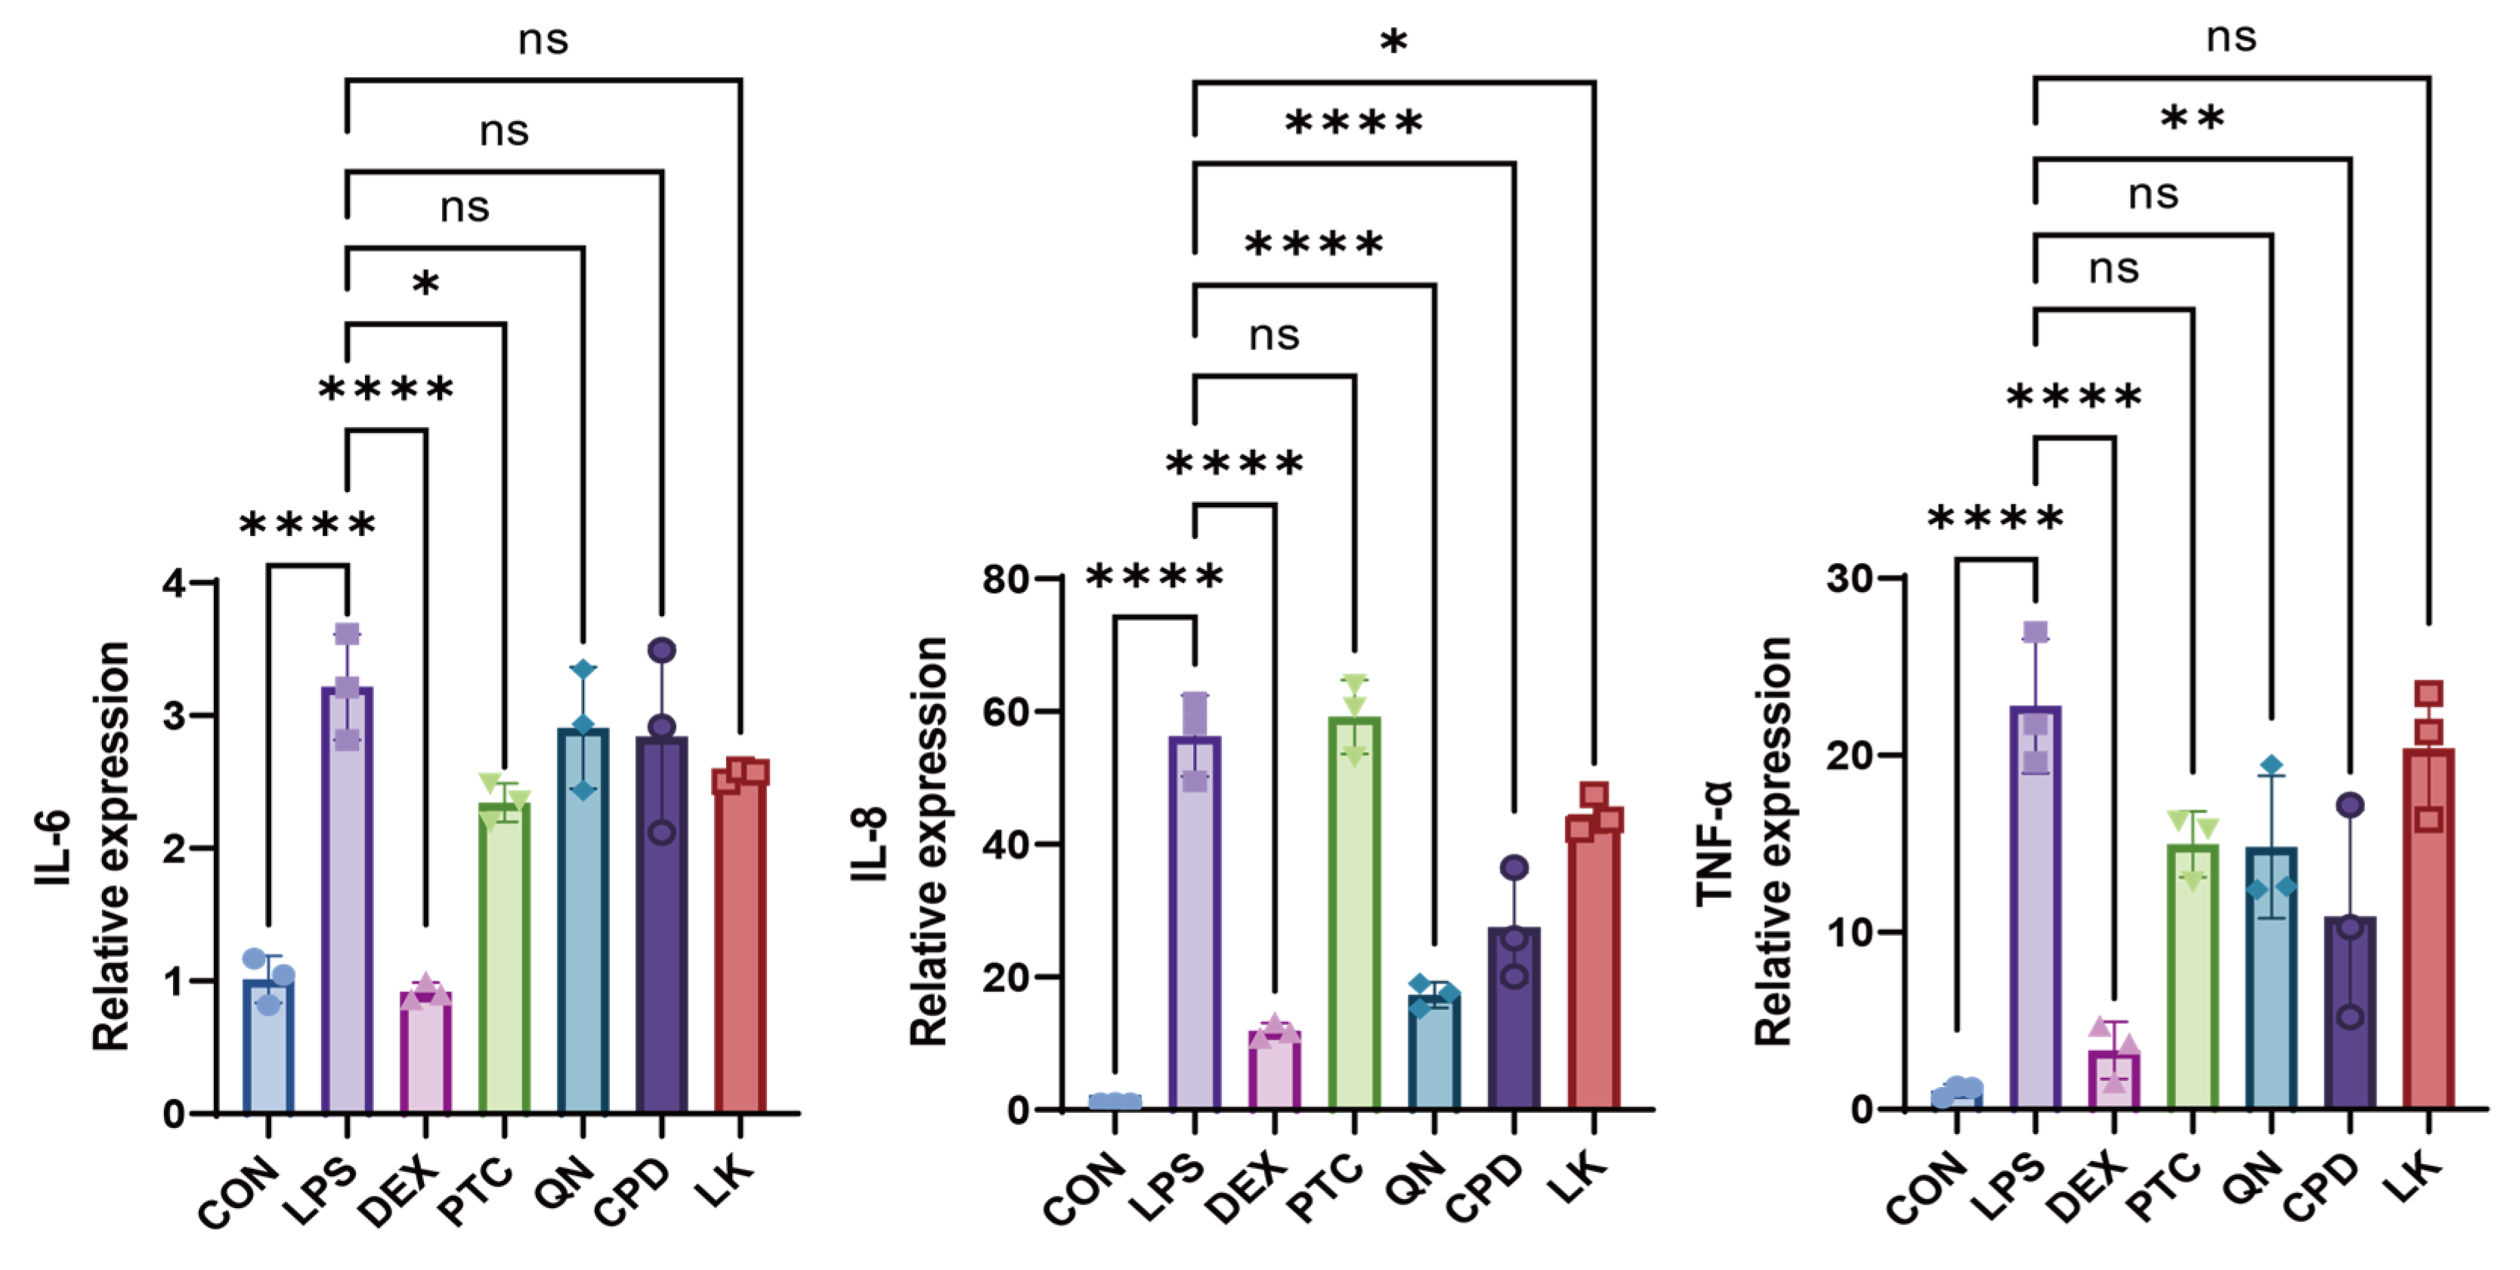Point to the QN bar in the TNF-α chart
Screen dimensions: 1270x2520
pyautogui.click(x=2271, y=978)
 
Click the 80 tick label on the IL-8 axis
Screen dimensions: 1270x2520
pyautogui.click(x=1006, y=579)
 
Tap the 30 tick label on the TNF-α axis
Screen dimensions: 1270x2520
pyautogui.click(x=1850, y=578)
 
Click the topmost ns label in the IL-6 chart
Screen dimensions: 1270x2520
pyautogui.click(x=543, y=40)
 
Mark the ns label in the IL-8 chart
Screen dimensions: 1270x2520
pyautogui.click(x=1274, y=336)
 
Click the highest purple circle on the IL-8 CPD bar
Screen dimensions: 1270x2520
pyautogui.click(x=1514, y=867)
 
